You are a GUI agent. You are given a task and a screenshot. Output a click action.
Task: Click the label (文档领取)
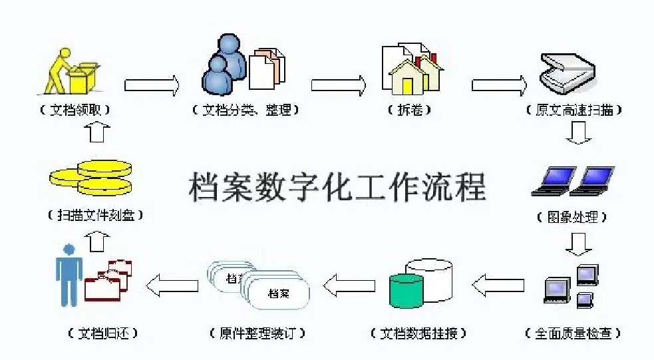(74, 110)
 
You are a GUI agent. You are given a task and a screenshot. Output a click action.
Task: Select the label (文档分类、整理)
(245, 110)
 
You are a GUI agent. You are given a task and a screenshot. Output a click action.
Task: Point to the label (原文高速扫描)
(574, 110)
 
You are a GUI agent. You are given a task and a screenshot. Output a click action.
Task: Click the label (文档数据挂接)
(418, 332)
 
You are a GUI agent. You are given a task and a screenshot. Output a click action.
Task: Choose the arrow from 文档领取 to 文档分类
(152, 85)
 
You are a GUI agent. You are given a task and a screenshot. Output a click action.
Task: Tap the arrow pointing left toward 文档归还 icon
(172, 285)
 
